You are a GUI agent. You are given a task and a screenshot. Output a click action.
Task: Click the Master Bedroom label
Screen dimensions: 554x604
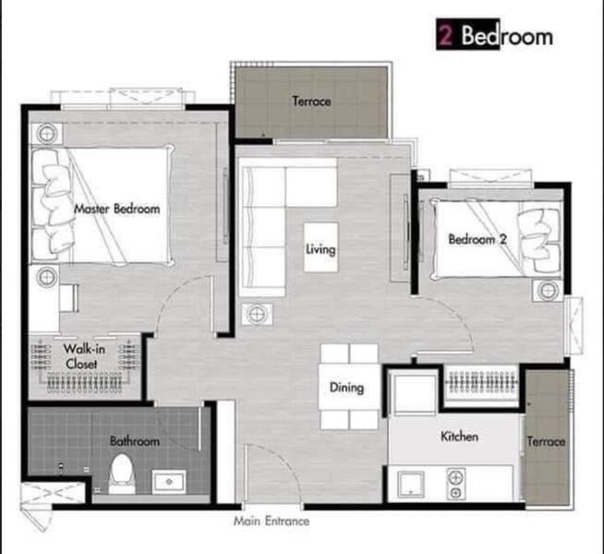tap(116, 209)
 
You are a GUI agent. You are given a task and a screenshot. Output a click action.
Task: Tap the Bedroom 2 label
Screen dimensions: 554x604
tap(477, 239)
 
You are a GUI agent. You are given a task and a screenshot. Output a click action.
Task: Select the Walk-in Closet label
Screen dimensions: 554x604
tap(81, 355)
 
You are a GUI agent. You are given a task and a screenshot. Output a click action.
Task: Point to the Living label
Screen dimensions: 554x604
tap(320, 249)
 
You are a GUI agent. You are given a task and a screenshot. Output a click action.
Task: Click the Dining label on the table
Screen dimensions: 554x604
tap(346, 389)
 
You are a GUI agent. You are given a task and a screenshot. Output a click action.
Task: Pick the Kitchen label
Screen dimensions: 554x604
tap(457, 436)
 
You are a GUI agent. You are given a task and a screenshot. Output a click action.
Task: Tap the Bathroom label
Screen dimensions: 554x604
tap(135, 441)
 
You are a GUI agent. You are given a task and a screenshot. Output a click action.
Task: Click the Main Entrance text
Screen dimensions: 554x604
tap(272, 521)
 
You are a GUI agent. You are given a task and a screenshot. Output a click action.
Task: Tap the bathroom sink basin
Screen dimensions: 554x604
tap(169, 481)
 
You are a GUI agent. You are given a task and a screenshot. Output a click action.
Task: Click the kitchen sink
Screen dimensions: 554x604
tap(411, 483)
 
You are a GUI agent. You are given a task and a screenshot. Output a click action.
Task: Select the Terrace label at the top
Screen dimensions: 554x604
tap(311, 102)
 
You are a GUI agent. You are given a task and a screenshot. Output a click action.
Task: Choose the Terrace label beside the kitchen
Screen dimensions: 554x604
tap(546, 441)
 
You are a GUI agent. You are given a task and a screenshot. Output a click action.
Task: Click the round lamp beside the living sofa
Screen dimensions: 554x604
tap(257, 313)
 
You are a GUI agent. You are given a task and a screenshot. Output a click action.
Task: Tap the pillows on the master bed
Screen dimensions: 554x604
tap(51, 205)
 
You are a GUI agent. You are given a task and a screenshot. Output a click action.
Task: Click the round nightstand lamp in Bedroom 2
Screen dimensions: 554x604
tap(548, 291)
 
